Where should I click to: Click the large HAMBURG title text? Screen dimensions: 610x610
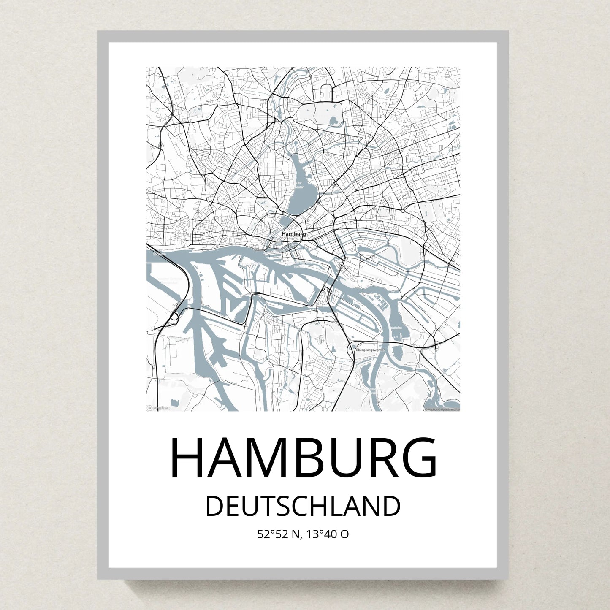point(304,458)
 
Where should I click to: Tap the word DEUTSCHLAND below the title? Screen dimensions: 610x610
point(303,507)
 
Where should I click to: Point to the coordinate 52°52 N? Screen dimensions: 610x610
point(279,534)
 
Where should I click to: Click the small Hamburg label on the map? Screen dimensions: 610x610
point(293,234)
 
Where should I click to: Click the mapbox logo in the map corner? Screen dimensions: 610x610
point(158,408)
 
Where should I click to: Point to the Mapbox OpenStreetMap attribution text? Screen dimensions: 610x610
point(442,409)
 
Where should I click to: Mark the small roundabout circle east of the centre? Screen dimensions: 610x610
point(403,210)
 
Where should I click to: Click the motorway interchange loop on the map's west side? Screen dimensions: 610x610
point(174,316)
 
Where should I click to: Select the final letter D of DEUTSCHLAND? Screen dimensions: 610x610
point(392,507)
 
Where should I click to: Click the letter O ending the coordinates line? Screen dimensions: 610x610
point(345,534)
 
